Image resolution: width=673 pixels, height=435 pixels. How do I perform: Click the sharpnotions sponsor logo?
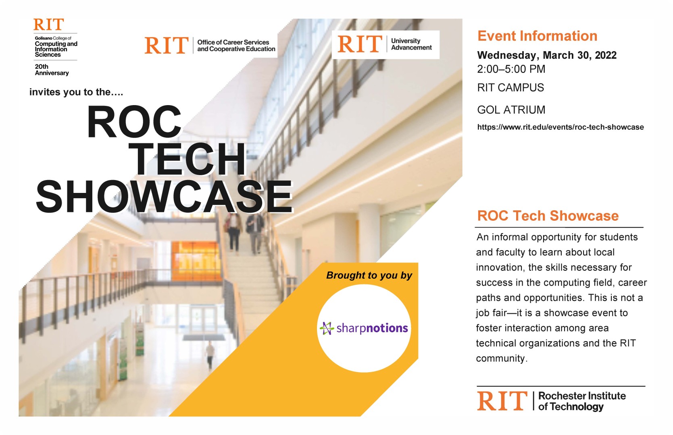(x=364, y=328)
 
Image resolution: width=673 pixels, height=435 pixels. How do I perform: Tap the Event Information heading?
(x=537, y=36)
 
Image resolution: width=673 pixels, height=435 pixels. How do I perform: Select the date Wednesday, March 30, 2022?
(x=547, y=55)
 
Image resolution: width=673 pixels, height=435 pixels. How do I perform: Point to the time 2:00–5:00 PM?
(x=511, y=69)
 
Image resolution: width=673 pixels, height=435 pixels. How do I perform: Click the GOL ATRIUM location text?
(x=511, y=110)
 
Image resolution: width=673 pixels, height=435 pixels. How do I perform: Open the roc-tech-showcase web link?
(x=560, y=127)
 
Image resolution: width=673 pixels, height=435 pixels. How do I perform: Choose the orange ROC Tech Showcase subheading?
(x=548, y=216)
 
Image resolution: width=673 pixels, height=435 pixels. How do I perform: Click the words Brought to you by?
(x=369, y=275)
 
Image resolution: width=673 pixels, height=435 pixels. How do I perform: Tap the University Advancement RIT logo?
(x=385, y=44)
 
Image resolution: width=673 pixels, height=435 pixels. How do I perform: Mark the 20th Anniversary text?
(x=51, y=70)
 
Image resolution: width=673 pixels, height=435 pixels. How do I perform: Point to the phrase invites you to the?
(x=76, y=92)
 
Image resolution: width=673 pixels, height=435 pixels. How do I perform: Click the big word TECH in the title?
(x=189, y=159)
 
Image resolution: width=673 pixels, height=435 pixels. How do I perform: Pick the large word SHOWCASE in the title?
(x=164, y=197)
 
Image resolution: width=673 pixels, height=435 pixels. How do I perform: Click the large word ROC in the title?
(x=134, y=122)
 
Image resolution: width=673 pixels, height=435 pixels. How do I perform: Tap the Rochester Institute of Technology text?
(x=581, y=401)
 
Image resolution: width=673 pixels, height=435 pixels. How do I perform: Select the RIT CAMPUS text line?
(x=510, y=88)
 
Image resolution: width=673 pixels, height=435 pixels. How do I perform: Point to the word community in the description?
(x=500, y=358)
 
